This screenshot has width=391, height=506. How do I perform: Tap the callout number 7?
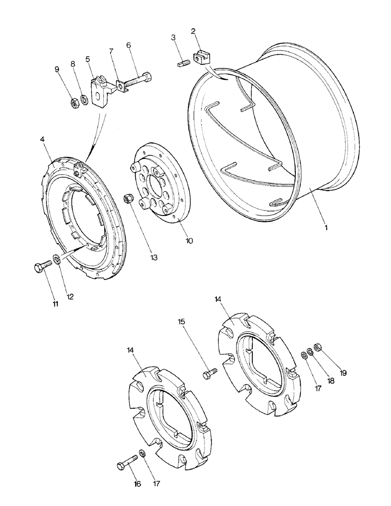click(x=111, y=52)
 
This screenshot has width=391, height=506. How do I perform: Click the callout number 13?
click(x=153, y=257)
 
